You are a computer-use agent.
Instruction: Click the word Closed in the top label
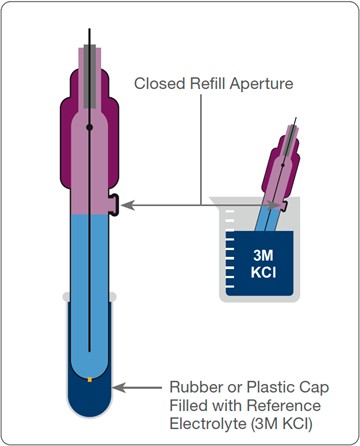click(159, 83)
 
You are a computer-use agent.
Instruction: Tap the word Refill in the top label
click(208, 83)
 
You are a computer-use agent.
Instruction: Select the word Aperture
click(262, 84)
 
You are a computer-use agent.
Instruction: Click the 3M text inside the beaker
click(263, 255)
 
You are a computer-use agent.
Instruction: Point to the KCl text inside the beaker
click(263, 273)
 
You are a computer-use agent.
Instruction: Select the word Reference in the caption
click(284, 406)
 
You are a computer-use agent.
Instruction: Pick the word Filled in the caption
click(188, 406)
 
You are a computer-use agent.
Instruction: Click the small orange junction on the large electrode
click(90, 379)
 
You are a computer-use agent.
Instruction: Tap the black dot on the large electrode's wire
click(89, 127)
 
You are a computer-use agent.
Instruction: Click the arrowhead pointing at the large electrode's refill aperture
click(127, 205)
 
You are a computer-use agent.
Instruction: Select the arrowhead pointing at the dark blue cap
click(119, 388)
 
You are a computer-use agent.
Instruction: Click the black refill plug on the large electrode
click(114, 205)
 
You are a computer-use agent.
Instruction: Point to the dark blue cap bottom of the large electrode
click(89, 398)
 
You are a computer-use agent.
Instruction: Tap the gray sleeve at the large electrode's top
click(90, 76)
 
